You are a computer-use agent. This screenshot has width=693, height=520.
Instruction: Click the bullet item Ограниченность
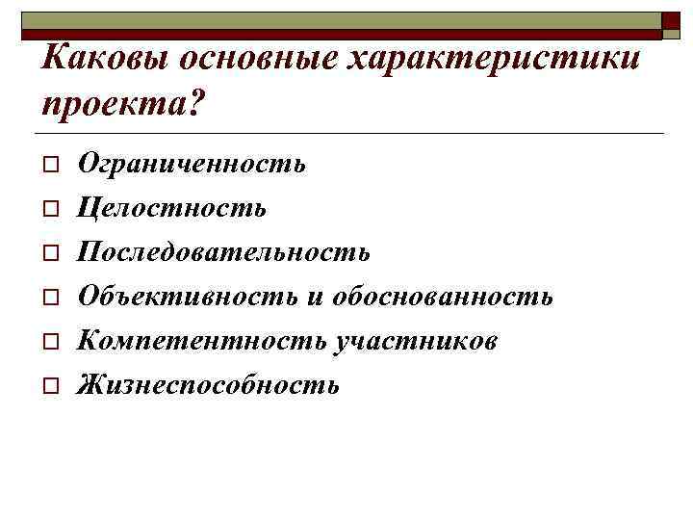pos(192,164)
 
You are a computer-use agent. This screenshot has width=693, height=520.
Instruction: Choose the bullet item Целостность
pos(172,208)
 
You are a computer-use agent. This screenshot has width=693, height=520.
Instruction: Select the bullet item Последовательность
pos(223,252)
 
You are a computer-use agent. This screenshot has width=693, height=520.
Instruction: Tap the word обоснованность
pos(443,297)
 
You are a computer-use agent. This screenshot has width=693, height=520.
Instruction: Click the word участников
pos(414,341)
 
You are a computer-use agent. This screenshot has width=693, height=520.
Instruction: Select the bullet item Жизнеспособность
pos(209,385)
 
